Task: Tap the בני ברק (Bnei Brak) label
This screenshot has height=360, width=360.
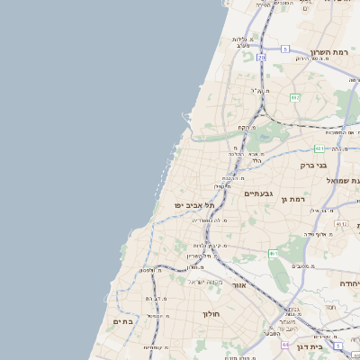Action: click(x=316, y=165)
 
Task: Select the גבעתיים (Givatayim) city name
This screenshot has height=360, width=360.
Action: click(x=257, y=193)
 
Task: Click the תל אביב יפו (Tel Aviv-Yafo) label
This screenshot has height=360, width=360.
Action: click(x=195, y=205)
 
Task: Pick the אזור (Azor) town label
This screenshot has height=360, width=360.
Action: click(x=238, y=284)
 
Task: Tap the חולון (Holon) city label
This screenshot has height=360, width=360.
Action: click(x=212, y=315)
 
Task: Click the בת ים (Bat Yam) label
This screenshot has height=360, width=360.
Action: click(x=122, y=320)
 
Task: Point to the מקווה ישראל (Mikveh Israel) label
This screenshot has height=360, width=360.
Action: click(x=190, y=282)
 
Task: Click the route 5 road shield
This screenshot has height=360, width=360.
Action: click(x=284, y=49)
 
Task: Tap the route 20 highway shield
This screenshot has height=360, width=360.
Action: click(x=261, y=58)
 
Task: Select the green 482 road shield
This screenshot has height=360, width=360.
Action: click(x=294, y=97)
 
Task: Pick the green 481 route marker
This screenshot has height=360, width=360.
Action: click(x=320, y=148)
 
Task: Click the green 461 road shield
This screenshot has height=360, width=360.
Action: click(x=273, y=254)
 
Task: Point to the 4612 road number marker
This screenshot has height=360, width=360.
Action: click(x=341, y=223)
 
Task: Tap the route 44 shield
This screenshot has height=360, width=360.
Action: click(x=285, y=344)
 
